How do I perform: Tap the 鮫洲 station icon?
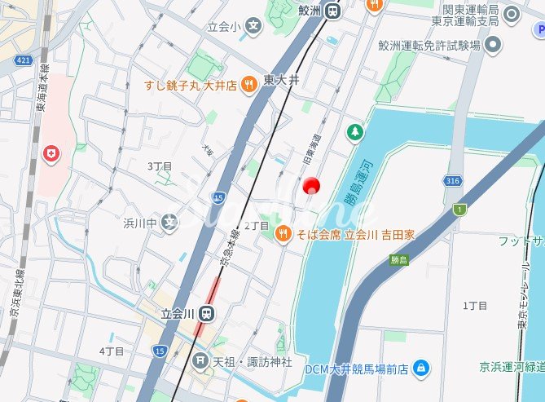332,11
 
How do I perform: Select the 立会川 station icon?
208,312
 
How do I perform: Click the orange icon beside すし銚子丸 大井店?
250,84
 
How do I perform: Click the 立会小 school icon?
254,28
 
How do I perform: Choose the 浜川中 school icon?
169,223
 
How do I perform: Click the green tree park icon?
355,130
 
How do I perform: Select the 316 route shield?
454,180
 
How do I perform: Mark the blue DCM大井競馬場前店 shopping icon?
420,368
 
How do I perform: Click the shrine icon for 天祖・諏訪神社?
200,360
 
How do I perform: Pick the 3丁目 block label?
160,166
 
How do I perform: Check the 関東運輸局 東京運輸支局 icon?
511,14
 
